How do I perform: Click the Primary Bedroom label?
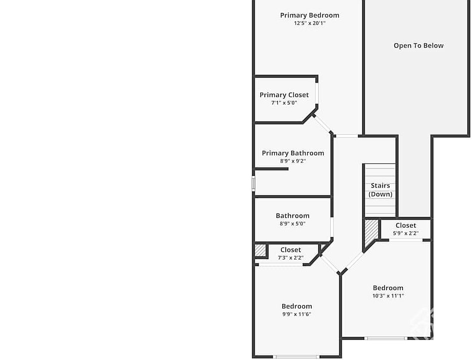pyautogui.click(x=309, y=15)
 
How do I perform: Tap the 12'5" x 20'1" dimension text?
pyautogui.click(x=309, y=23)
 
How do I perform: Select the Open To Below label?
pyautogui.click(x=418, y=45)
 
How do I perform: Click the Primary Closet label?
pyautogui.click(x=284, y=95)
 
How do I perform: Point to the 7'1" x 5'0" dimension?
pyautogui.click(x=284, y=102)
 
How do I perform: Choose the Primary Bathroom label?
pyautogui.click(x=293, y=153)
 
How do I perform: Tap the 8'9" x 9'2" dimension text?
pyautogui.click(x=293, y=161)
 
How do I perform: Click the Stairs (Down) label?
pyautogui.click(x=380, y=190)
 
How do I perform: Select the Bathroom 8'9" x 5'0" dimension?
pyautogui.click(x=292, y=223)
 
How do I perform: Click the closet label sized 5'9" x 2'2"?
pyautogui.click(x=406, y=225)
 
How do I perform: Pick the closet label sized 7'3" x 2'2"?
pyautogui.click(x=290, y=250)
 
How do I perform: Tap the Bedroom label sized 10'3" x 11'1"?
pyautogui.click(x=388, y=288)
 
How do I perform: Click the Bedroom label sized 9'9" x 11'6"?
pyautogui.click(x=296, y=306)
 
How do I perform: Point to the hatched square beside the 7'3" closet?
pyautogui.click(x=260, y=250)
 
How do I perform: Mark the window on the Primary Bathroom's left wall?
pyautogui.click(x=253, y=183)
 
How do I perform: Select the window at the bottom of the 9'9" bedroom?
pyautogui.click(x=296, y=356)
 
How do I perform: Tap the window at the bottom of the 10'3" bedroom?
pyautogui.click(x=386, y=338)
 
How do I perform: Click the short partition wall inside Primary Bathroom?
pyautogui.click(x=271, y=169)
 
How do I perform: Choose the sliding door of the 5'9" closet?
pyautogui.click(x=406, y=240)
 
